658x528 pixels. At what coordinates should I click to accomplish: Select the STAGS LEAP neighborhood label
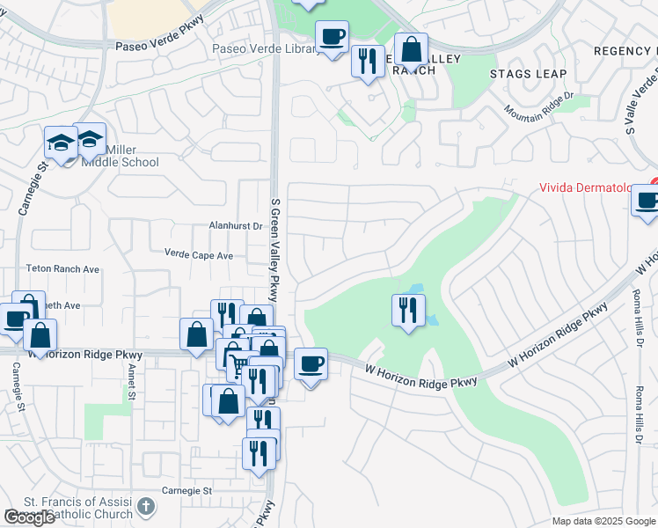[528, 74]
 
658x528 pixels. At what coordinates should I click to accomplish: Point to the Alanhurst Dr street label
[236, 226]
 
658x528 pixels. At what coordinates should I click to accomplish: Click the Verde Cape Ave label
[199, 254]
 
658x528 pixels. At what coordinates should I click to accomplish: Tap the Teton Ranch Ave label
[66, 269]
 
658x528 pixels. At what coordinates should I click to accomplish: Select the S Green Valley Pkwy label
[274, 249]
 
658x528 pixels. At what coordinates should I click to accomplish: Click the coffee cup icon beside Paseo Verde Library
[332, 37]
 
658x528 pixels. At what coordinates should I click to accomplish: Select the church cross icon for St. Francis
[145, 508]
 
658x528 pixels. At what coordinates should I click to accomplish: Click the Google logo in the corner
[30, 517]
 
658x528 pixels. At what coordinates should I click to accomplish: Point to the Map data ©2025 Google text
[603, 521]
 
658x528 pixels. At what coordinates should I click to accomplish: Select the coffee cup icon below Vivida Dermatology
[646, 201]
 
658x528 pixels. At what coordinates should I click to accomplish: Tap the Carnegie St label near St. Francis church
[187, 490]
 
